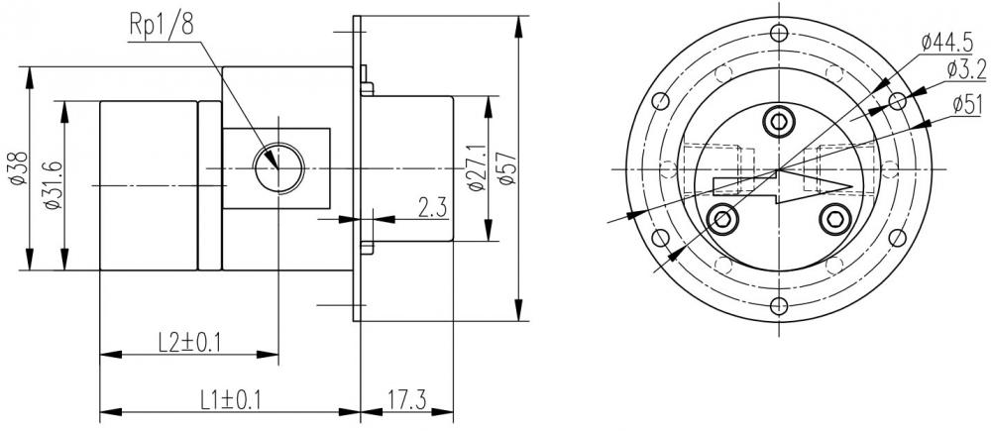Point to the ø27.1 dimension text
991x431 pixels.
[x=476, y=169]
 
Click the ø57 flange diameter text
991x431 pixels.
[x=508, y=169]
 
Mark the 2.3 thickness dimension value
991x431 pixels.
[x=429, y=209]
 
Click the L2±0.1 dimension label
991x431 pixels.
[x=189, y=342]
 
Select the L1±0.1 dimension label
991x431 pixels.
[x=229, y=400]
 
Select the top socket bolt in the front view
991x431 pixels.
[x=778, y=121]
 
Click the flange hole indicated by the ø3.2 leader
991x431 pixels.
[x=897, y=100]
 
